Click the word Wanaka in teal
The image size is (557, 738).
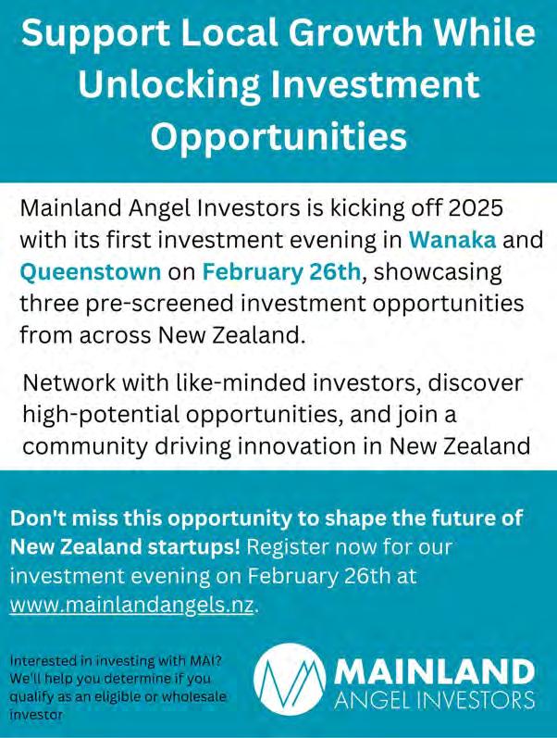coord(452,240)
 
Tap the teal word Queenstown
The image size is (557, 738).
coord(91,272)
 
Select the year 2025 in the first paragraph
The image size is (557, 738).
coord(476,207)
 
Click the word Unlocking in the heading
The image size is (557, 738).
coord(169,85)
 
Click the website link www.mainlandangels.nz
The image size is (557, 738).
coord(131,605)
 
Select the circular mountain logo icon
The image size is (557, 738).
coord(291,680)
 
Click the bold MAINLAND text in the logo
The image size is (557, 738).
coord(434,671)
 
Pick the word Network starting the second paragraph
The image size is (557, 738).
coord(69,382)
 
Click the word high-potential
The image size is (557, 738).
coord(101,415)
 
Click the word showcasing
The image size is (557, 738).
coord(438,273)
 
